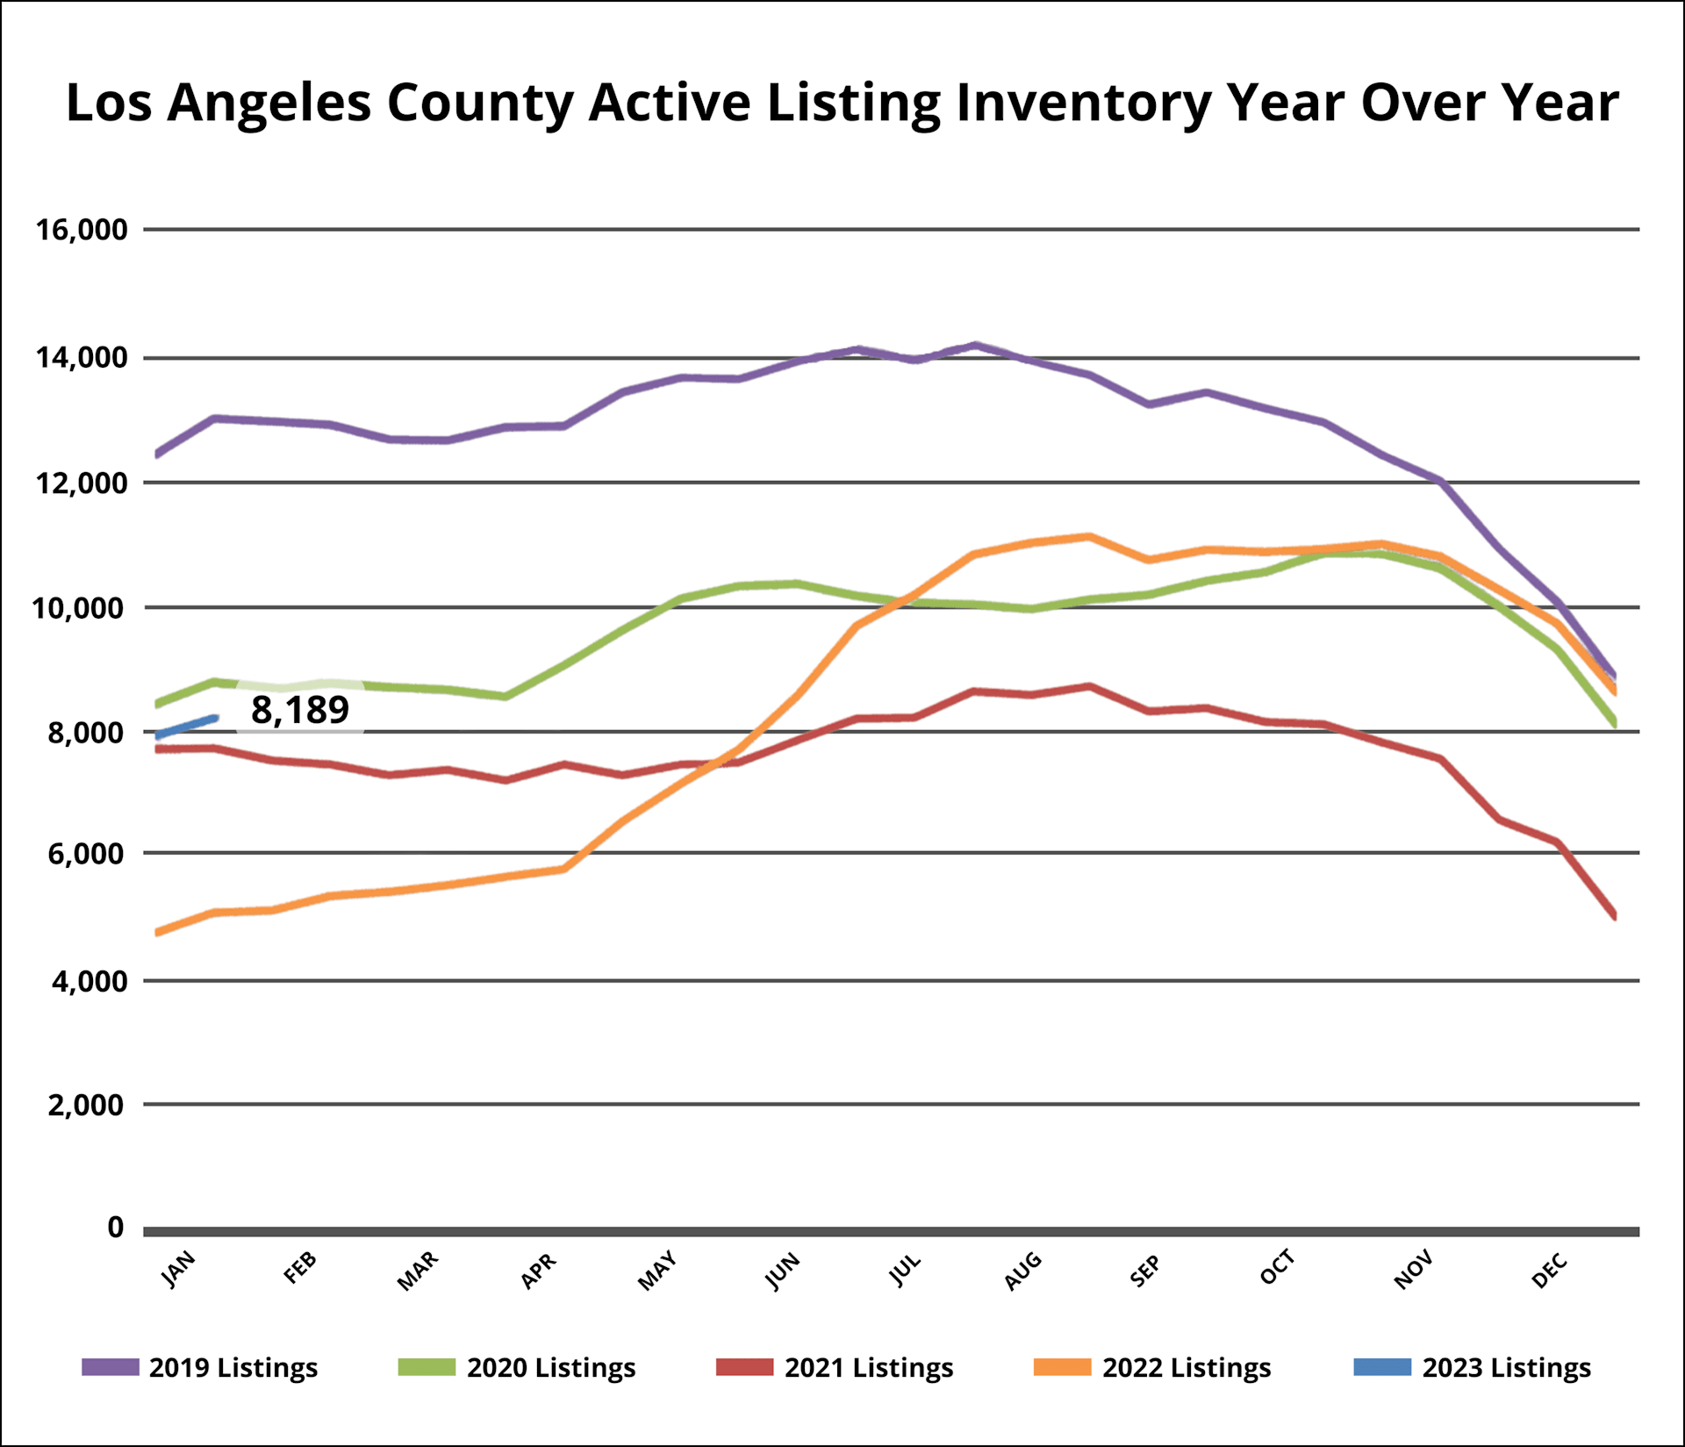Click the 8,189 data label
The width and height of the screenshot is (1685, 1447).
point(300,710)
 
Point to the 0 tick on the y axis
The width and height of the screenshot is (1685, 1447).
point(116,1227)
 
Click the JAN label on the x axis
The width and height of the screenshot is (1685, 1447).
point(179,1269)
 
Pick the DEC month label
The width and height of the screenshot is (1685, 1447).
point(1549,1270)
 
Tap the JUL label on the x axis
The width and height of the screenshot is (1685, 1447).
point(905,1269)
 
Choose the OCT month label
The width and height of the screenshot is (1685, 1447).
point(1277,1268)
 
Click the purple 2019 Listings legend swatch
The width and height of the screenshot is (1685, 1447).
point(111,1367)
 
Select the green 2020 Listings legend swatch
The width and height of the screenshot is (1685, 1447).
point(427,1367)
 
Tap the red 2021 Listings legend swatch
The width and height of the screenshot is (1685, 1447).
point(744,1367)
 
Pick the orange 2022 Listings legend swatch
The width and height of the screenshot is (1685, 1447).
point(1062,1367)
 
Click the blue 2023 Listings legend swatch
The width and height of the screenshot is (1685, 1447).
point(1382,1367)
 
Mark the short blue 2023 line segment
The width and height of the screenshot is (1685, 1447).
point(186,727)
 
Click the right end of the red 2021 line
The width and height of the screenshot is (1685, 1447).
point(1614,914)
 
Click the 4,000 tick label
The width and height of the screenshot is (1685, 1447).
point(89,981)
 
